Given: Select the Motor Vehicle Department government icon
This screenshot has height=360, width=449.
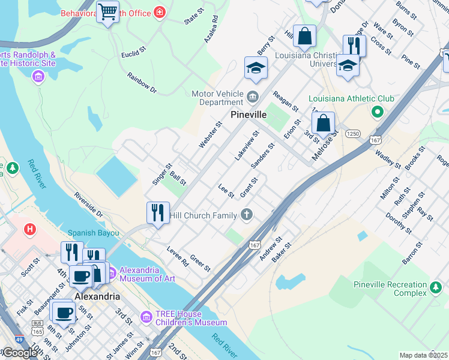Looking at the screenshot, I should tap(253, 95).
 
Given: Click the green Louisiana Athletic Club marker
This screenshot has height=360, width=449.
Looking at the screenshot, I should tap(377, 111).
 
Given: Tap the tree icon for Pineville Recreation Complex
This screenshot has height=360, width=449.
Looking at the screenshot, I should tap(436, 289).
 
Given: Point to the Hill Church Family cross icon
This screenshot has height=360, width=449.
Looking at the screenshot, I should tap(246, 214).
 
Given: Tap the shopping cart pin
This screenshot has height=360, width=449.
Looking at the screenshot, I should tap(107, 11).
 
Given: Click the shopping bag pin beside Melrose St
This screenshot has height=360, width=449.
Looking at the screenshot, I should tap(323, 123).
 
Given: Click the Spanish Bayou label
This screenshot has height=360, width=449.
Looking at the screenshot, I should tap(93, 232).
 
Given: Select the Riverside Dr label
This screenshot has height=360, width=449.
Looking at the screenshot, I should tap(88, 205).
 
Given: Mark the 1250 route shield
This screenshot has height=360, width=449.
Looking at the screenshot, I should tap(352, 134).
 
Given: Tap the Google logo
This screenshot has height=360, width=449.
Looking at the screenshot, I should tap(19, 352).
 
